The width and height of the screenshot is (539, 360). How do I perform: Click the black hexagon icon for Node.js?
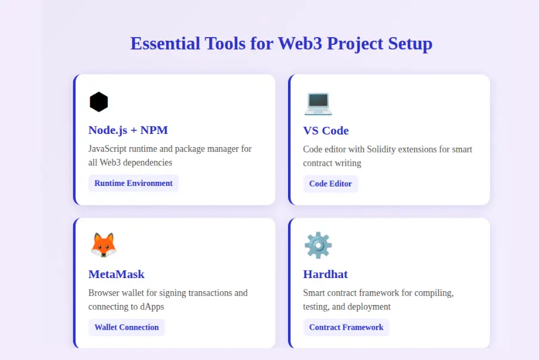click(99, 102)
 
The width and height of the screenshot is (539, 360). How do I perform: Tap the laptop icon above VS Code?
click(317, 103)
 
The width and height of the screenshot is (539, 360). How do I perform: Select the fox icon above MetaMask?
click(103, 245)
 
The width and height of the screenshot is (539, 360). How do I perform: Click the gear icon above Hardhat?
click(318, 245)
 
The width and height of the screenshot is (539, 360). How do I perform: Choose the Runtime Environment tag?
click(133, 183)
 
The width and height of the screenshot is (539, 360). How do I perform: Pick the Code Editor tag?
click(330, 184)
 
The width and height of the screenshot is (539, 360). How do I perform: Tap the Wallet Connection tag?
click(127, 327)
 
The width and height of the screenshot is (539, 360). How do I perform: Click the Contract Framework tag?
click(346, 327)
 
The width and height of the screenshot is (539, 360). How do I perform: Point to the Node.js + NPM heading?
click(128, 130)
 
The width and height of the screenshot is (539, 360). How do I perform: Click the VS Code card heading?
click(326, 130)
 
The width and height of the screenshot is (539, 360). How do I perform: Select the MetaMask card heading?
click(117, 274)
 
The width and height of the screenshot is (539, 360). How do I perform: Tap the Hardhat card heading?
click(325, 274)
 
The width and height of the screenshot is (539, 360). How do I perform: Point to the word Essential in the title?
click(165, 44)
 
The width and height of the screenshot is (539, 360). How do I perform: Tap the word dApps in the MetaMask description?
click(151, 307)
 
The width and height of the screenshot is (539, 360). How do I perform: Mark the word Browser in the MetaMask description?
click(105, 293)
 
